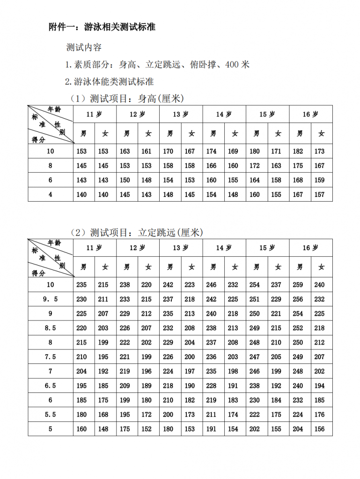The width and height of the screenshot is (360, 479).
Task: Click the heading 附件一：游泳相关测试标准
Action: [102, 27]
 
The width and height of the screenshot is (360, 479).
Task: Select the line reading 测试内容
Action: [84, 48]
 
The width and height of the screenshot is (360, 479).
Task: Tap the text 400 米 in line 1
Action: [237, 65]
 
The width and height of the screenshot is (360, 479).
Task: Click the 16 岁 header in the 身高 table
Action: [310, 114]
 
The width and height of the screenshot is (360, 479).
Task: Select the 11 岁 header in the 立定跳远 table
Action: [94, 248]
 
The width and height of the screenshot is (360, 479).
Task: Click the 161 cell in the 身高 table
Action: [147, 151]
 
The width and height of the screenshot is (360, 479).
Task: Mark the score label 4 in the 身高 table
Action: [51, 195]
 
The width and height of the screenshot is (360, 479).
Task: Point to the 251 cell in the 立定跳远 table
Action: [255, 299]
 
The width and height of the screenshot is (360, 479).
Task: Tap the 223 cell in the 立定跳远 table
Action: [190, 284]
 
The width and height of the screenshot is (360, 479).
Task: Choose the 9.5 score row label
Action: [51, 299]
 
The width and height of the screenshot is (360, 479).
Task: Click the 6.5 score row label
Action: [51, 386]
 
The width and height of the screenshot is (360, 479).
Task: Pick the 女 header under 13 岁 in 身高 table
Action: [191, 134]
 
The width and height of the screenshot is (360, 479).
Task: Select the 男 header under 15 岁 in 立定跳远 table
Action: [257, 267]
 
